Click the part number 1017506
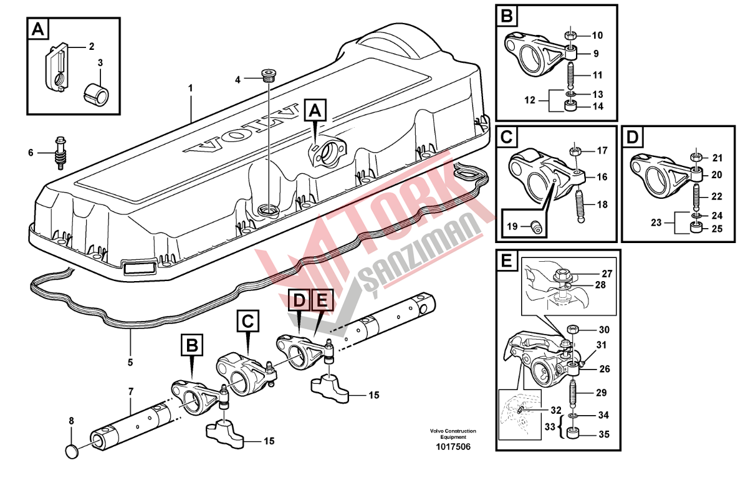453,447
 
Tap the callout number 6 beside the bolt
30,153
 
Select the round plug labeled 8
73,450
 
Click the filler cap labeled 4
269,76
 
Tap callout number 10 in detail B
597,35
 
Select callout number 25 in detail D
717,229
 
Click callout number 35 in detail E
603,435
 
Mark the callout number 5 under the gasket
130,361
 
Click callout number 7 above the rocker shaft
130,392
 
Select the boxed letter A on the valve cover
315,111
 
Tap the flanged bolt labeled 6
60,153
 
